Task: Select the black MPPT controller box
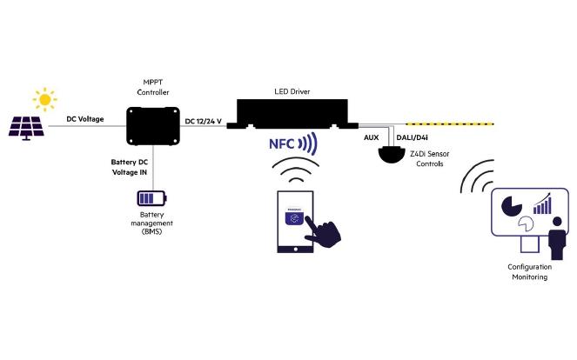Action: [153, 125]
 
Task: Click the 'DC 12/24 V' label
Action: [204, 120]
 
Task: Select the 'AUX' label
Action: [370, 138]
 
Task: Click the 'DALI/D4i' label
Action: [412, 138]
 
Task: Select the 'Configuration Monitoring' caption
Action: [529, 271]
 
